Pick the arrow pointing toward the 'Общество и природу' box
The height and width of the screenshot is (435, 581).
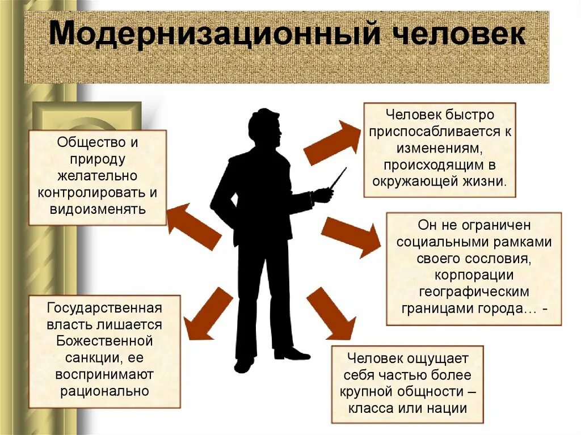193,226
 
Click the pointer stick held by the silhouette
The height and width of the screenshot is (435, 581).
339,178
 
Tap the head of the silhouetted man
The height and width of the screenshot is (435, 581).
266,128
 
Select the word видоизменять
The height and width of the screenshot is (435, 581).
98,209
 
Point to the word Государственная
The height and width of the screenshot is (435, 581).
105,309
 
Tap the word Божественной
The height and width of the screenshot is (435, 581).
105,341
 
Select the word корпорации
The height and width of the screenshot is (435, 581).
474,276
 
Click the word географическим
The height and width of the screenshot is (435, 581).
474,292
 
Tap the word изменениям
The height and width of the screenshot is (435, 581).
440,149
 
